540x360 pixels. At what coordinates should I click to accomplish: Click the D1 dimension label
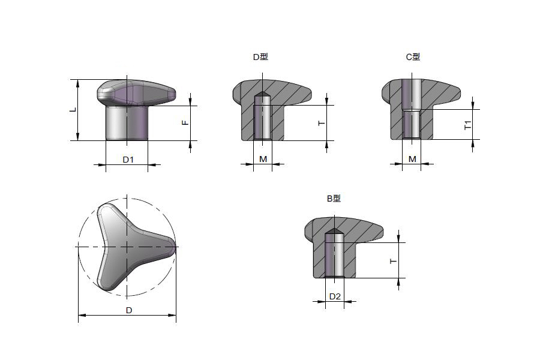click(128, 160)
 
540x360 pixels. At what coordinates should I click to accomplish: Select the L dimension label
click(73, 110)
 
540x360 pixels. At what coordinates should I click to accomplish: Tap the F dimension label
click(185, 122)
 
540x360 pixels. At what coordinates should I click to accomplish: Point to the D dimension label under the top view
click(129, 310)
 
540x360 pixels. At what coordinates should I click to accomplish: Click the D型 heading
click(260, 57)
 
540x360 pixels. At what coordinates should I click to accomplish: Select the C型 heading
click(413, 57)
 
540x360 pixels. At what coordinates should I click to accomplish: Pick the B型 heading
click(334, 199)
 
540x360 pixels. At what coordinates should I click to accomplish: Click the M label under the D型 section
click(263, 159)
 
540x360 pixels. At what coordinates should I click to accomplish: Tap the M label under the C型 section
click(412, 159)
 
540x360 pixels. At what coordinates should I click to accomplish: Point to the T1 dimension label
click(467, 125)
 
